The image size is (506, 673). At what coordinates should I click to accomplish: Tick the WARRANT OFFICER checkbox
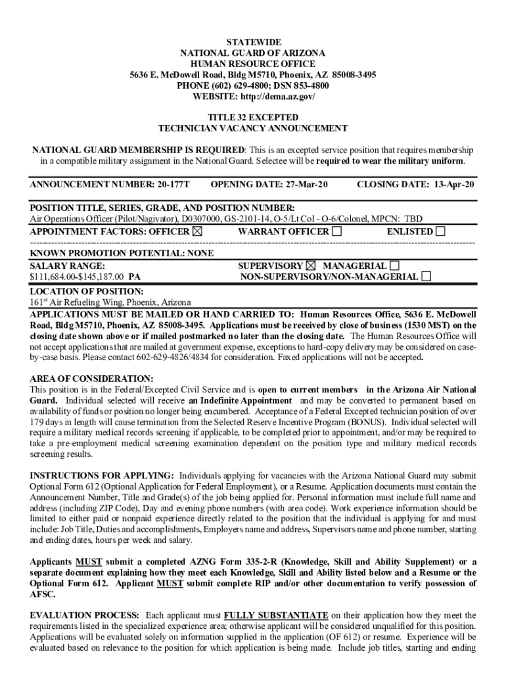[337, 231]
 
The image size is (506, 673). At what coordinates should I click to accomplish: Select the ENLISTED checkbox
[440, 231]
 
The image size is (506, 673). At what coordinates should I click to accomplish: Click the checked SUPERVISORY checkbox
[311, 266]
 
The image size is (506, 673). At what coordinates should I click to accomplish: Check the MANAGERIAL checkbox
[394, 266]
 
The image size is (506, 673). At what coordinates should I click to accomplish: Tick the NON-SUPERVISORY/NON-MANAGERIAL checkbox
[426, 277]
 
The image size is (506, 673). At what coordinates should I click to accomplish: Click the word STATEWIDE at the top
[253, 42]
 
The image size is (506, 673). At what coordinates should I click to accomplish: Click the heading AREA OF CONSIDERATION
[92, 379]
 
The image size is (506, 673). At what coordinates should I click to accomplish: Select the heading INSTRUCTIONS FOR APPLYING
[102, 475]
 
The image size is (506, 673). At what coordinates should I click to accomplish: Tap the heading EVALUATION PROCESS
[84, 615]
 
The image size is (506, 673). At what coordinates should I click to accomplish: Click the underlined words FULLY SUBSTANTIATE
[276, 615]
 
